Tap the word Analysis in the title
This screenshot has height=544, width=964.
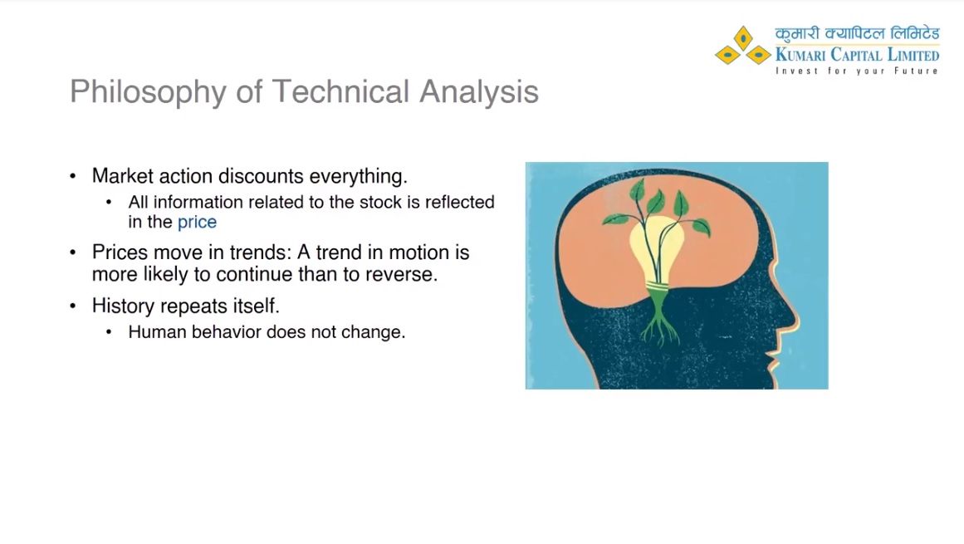pyautogui.click(x=479, y=92)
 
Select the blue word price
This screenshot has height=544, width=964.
pyautogui.click(x=197, y=223)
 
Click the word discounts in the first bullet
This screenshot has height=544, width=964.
pyautogui.click(x=261, y=176)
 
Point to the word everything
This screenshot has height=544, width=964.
pyautogui.click(x=359, y=177)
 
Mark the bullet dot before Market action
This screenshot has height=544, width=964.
pyautogui.click(x=73, y=176)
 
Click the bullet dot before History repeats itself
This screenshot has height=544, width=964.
pyautogui.click(x=73, y=306)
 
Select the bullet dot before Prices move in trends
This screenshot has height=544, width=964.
pyautogui.click(x=73, y=252)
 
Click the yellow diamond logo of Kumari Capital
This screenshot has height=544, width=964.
pyautogui.click(x=742, y=47)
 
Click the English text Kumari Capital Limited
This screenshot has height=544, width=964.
pyautogui.click(x=857, y=55)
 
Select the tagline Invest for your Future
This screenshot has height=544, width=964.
pyautogui.click(x=857, y=71)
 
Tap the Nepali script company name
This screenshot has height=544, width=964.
pyautogui.click(x=857, y=34)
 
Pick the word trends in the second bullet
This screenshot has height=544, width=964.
pyautogui.click(x=258, y=252)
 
